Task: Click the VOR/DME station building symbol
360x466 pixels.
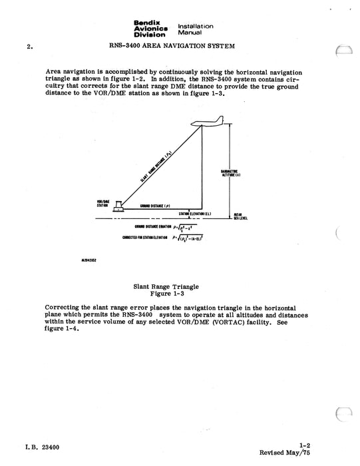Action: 118,204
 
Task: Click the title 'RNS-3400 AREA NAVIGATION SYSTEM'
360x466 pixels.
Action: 171,46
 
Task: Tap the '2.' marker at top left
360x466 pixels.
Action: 29,47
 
